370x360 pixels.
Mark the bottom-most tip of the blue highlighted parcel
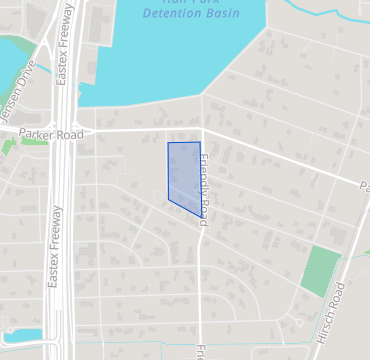pos(198,214)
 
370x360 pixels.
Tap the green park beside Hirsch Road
pos(319,270)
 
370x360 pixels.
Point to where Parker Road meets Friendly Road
pos(203,130)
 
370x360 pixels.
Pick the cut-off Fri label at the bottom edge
pos(201,353)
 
